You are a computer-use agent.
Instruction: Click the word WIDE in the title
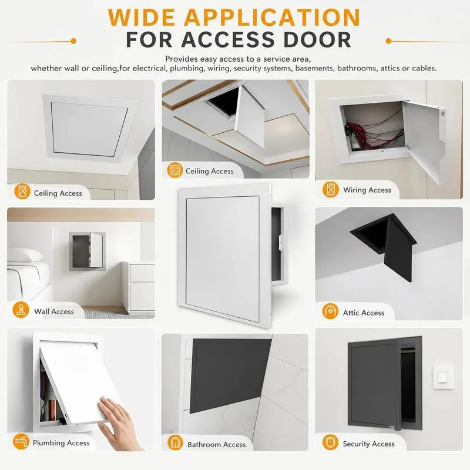tap(142, 18)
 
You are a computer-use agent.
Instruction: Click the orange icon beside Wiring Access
tap(330, 189)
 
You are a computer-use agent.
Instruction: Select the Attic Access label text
tap(363, 313)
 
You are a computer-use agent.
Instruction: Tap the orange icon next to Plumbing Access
tap(21, 441)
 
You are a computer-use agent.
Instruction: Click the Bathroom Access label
tap(216, 444)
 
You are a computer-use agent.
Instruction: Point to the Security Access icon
tap(330, 442)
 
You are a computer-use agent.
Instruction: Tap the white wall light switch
tap(443, 377)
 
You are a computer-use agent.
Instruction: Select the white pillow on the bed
tap(25, 256)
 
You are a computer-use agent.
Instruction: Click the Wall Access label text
tap(54, 311)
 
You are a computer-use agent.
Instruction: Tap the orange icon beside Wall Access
tap(21, 310)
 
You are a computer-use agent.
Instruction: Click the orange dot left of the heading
tap(73, 41)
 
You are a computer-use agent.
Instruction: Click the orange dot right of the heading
tap(388, 41)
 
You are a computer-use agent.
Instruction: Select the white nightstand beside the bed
tap(139, 287)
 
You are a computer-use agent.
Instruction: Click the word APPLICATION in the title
tap(272, 18)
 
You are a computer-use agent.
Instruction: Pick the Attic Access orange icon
tap(330, 311)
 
